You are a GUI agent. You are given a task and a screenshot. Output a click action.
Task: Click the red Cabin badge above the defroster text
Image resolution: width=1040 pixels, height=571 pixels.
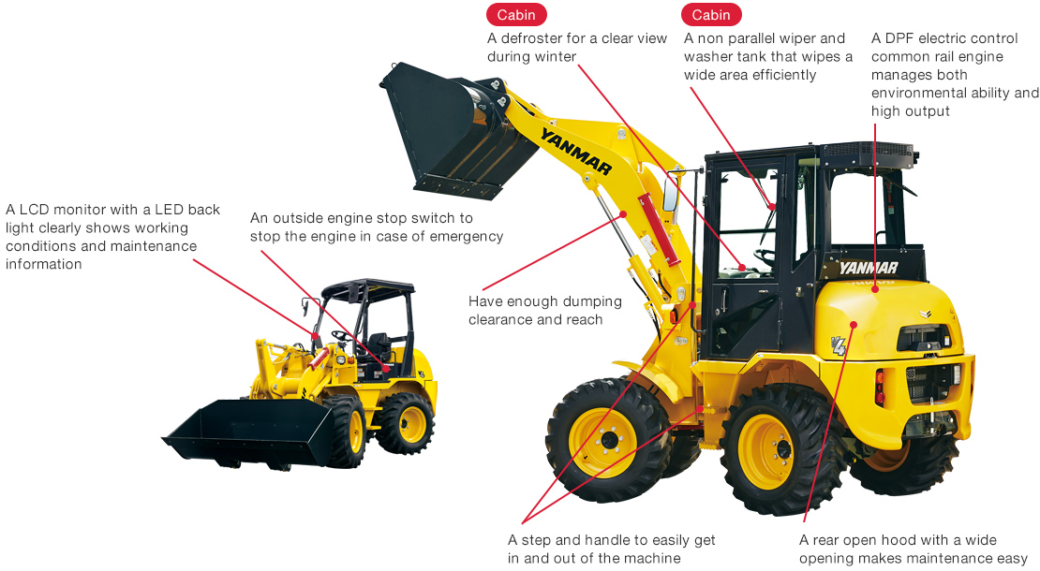pos(515,14)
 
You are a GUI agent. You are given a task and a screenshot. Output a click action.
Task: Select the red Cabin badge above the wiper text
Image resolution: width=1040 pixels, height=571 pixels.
pos(711,14)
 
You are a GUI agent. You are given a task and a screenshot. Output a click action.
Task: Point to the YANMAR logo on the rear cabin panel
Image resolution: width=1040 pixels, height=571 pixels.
pos(868,269)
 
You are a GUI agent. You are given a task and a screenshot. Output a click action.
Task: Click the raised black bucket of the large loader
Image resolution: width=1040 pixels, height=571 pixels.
pos(450,131)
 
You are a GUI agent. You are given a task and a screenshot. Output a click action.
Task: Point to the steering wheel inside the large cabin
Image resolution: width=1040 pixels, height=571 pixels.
pos(765,254)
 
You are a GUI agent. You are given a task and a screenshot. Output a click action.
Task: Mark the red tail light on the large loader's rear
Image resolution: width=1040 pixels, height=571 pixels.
pos(879,387)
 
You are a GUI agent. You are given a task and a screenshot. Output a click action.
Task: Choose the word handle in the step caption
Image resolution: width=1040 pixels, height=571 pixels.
pos(610,540)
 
